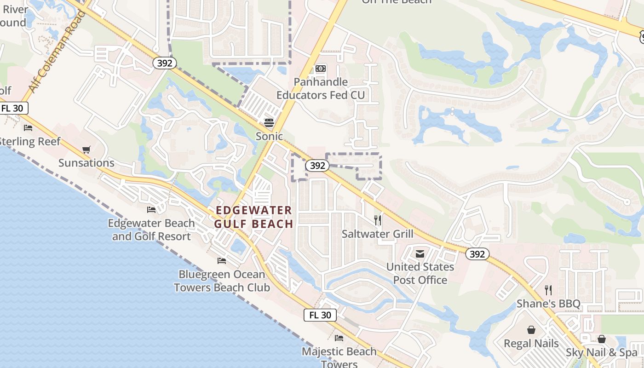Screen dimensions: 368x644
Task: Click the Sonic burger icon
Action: [x=269, y=123]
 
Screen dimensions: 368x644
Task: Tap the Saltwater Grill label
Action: [x=377, y=234]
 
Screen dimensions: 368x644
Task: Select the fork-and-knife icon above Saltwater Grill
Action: [x=378, y=220]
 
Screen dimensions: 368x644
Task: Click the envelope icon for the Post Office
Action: [x=420, y=253]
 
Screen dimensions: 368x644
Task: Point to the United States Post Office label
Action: [x=420, y=273]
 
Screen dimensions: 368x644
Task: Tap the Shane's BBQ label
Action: [x=548, y=304]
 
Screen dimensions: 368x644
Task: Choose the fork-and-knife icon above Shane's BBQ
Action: [x=548, y=290]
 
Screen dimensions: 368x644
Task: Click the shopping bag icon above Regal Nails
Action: [x=531, y=330]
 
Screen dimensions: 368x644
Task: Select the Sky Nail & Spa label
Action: [x=602, y=353]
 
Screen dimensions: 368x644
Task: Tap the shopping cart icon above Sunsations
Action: [x=86, y=149]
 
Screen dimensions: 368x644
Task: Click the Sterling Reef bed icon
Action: [x=28, y=128]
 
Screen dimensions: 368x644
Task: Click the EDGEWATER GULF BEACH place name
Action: [x=254, y=217]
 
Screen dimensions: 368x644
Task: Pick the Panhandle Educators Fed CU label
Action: [x=321, y=88]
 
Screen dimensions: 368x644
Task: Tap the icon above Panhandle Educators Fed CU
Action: [x=321, y=69]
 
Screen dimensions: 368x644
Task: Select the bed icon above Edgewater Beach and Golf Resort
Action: [x=151, y=210]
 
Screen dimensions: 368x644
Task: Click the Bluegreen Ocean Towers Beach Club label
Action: [x=222, y=281]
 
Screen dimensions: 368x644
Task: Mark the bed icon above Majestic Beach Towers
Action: [x=339, y=338]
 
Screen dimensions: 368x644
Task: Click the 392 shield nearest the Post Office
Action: [x=477, y=253]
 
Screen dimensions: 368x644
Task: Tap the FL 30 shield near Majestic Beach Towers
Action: [x=320, y=315]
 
